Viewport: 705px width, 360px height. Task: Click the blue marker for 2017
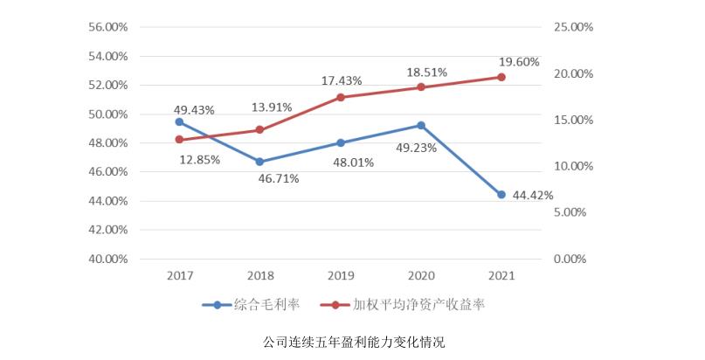(179, 121)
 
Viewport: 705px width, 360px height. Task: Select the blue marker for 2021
(501, 194)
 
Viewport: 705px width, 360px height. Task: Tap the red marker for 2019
(341, 97)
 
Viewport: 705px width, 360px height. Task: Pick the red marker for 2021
(501, 77)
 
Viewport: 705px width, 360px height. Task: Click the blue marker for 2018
(259, 162)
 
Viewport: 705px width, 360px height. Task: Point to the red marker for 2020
(421, 87)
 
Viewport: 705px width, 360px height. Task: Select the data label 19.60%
(519, 61)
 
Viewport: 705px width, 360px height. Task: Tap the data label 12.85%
(199, 159)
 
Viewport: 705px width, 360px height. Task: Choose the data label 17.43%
(342, 80)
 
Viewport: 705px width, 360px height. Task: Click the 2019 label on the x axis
(341, 275)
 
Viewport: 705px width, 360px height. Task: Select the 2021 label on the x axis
(501, 275)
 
